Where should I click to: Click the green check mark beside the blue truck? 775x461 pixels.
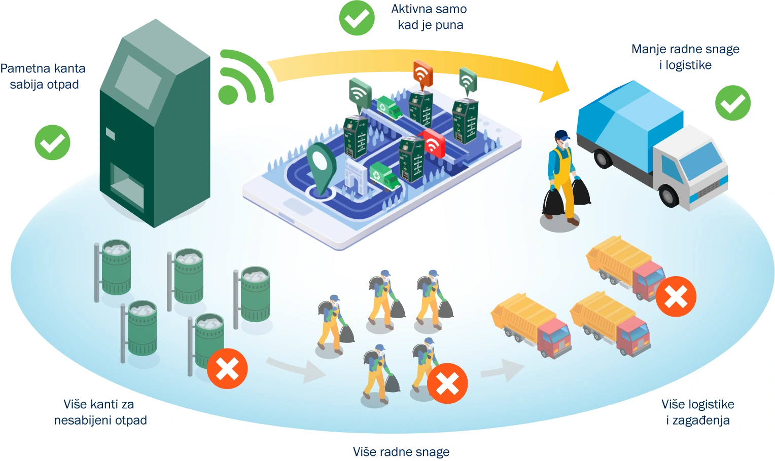point(733,103)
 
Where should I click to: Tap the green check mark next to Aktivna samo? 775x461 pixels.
point(357,18)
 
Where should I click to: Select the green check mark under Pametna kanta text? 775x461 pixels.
point(53,142)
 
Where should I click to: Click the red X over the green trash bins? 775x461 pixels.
point(227,369)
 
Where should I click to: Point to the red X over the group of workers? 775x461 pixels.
point(447,383)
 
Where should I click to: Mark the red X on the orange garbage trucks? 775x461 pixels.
point(676,296)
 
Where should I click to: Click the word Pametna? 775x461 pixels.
point(24,68)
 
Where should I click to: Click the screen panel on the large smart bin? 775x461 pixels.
point(138,82)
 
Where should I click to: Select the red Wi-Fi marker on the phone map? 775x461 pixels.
point(433,143)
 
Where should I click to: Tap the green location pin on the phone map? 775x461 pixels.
point(322,168)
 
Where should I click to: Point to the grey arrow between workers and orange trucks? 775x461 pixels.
point(502,370)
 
